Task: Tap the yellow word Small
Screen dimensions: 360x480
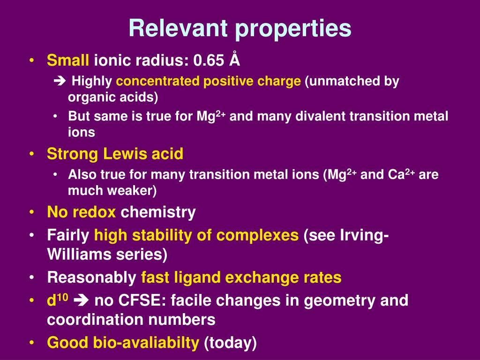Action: (68, 60)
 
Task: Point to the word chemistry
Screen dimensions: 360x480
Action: (158, 212)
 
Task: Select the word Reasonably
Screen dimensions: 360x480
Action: (91, 277)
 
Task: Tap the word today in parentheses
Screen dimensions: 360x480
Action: (230, 343)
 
